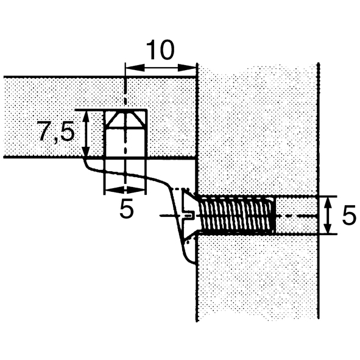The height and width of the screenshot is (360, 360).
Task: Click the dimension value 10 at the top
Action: (160, 50)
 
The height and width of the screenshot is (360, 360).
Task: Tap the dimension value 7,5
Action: (57, 132)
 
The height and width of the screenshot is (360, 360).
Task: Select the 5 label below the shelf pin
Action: (126, 208)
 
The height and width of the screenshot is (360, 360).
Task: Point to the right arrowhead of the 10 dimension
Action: (186, 68)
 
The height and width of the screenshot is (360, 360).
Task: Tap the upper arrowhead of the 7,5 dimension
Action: (86, 117)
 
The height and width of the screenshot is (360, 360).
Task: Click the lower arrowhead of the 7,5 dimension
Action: (86, 151)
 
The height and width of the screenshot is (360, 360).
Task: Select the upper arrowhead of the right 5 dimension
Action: (328, 203)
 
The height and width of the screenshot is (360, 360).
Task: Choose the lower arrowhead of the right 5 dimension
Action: (328, 228)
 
